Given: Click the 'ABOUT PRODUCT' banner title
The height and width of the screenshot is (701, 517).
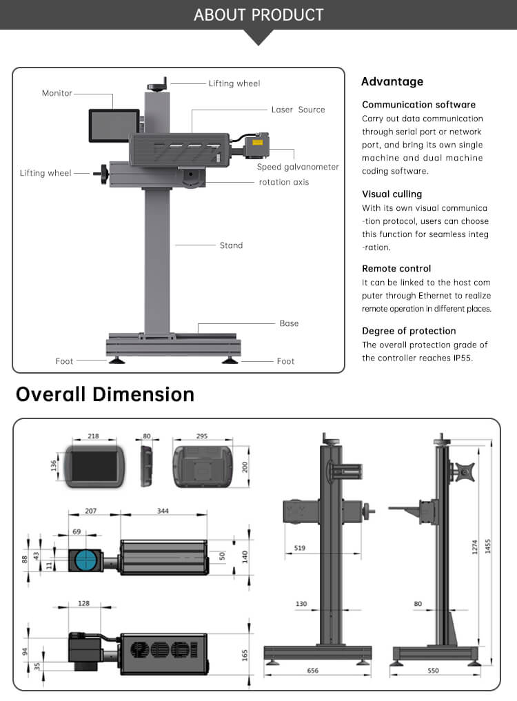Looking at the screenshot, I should tap(258, 14).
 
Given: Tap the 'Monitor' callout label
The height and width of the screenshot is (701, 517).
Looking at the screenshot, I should tap(57, 93).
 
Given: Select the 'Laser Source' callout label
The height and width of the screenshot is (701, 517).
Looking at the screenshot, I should tap(298, 110).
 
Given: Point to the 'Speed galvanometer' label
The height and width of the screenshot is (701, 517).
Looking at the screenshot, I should tap(298, 167).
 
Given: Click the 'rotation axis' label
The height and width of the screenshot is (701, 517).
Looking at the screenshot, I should tap(283, 182).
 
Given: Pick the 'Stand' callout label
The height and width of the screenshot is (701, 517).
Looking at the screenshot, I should tap(231, 245).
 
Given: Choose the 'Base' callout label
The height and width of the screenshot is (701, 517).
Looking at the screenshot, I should tap(289, 323).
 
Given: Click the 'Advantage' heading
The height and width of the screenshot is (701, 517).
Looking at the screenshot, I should tap(392, 82).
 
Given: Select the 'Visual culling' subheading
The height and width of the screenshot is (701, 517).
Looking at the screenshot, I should tap(392, 194).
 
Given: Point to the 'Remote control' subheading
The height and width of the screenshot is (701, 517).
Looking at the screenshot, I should tap(396, 268).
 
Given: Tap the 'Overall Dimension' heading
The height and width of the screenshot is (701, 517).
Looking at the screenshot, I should tap(105, 394).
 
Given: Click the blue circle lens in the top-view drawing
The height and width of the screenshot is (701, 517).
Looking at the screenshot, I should tap(86, 559).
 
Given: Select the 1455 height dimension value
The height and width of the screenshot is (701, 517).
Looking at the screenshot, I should tap(489, 545).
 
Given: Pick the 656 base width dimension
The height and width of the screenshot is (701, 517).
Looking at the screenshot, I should tap(312, 670).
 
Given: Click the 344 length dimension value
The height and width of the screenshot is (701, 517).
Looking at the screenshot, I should tap(163, 511).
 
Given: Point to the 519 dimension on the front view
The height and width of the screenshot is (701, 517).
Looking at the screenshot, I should tap(299, 548).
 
